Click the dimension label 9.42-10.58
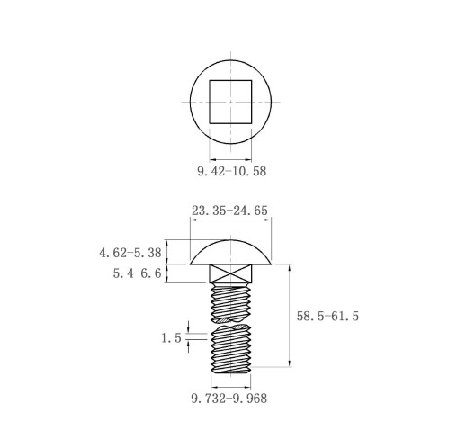(231, 171)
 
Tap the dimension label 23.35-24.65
(229, 211)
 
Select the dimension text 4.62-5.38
(130, 253)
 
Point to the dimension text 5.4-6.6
(137, 273)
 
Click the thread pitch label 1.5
(172, 338)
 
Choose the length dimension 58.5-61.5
(327, 316)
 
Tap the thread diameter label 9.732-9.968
(229, 399)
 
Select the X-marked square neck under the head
(230, 273)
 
